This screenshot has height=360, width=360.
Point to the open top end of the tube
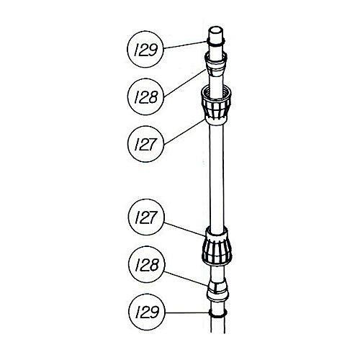click(x=215, y=31)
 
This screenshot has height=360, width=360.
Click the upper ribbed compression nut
click(x=216, y=106)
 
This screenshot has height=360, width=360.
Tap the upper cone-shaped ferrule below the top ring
click(x=215, y=63)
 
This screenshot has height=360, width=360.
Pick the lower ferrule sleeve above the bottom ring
click(x=217, y=290)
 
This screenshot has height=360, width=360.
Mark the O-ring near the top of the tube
click(x=215, y=42)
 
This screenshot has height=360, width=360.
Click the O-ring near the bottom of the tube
click(x=218, y=313)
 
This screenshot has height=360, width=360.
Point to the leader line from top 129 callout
click(x=185, y=45)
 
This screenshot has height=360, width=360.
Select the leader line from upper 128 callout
click(x=185, y=83)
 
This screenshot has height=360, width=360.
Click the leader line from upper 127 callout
click(x=184, y=132)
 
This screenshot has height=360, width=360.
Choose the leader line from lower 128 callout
click(x=186, y=279)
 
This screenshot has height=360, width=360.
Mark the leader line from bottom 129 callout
click(x=187, y=312)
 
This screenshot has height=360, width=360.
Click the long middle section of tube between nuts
click(x=217, y=176)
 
